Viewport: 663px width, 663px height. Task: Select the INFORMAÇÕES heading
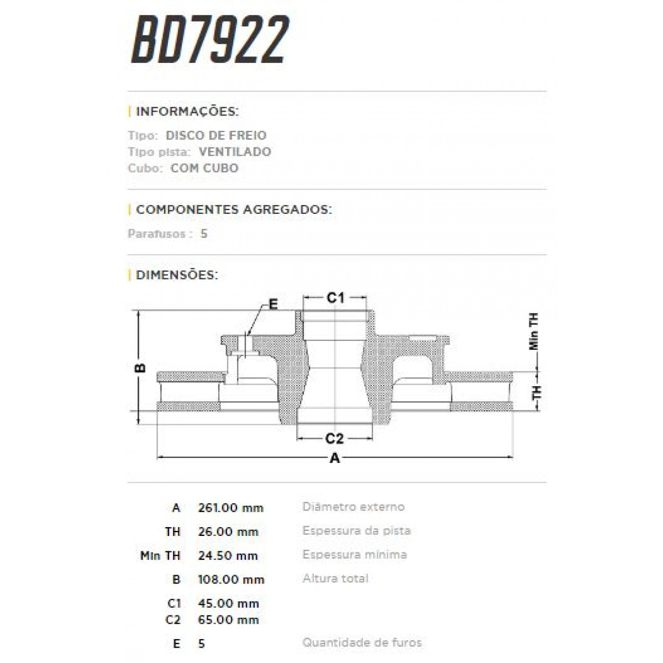coord(187,112)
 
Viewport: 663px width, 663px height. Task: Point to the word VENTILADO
coord(235,151)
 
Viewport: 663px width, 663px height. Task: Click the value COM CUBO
coord(204,168)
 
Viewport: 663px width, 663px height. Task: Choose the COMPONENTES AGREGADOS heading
coord(234,210)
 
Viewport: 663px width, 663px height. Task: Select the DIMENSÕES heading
coord(177,275)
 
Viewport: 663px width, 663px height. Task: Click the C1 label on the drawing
coord(335,298)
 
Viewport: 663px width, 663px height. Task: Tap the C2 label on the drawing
coord(335,439)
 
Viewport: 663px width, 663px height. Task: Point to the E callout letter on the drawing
coord(272,303)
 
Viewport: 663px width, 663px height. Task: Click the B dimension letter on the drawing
coord(140,367)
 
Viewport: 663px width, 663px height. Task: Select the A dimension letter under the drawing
coord(335,457)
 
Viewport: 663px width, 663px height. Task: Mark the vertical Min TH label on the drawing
coord(534,331)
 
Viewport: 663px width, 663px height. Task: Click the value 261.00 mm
coord(230,508)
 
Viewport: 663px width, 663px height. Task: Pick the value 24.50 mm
coord(228,556)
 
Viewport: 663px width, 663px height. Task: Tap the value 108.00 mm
coord(231,580)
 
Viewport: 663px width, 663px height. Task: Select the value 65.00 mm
coord(228,620)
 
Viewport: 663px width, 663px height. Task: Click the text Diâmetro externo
coord(354,507)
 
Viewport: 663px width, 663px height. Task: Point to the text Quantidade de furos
coord(362,643)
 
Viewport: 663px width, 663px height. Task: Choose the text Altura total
coord(335,578)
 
